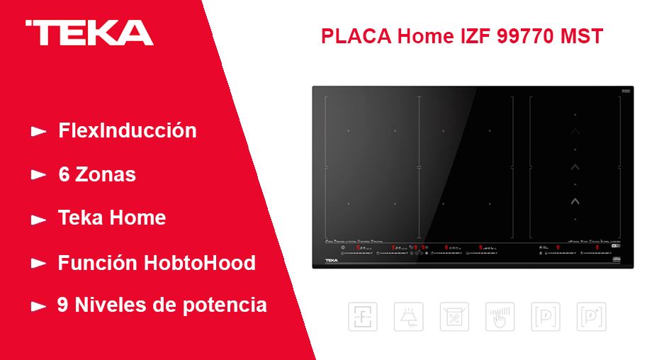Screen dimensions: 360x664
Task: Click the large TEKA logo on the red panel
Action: tap(89, 33)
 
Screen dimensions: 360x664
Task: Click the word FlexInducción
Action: tap(128, 131)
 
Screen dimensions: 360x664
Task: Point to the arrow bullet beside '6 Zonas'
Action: tap(38, 175)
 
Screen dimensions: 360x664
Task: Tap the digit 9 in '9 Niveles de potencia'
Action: tap(62, 305)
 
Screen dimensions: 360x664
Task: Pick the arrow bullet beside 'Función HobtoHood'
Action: tap(38, 264)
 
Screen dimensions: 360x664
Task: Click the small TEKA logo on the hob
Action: tap(332, 261)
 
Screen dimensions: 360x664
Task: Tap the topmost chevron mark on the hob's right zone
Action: tap(575, 132)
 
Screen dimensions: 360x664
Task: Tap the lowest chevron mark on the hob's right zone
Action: tap(575, 201)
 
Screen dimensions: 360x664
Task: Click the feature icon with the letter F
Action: tap(362, 317)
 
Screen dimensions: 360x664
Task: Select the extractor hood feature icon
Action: tap(408, 317)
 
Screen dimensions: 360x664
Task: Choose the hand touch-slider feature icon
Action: tap(500, 317)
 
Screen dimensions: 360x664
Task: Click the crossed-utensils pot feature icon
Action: tap(454, 317)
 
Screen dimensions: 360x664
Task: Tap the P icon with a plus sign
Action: tap(591, 317)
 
